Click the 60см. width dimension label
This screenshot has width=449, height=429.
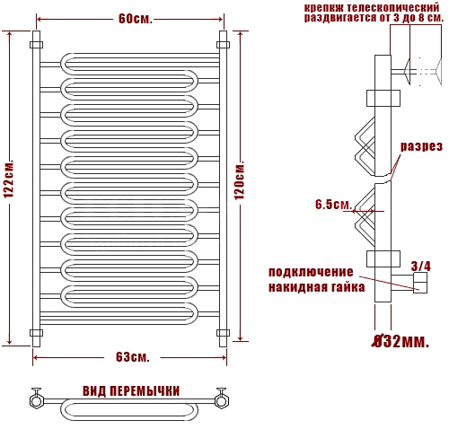click(x=136, y=19)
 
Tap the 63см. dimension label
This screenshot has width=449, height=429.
click(x=133, y=357)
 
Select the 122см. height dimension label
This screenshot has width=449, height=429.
click(x=9, y=179)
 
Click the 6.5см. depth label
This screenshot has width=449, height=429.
click(x=333, y=205)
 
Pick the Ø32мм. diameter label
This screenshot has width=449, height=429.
click(x=401, y=341)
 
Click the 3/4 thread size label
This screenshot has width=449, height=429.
click(x=421, y=267)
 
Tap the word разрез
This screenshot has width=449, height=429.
click(x=421, y=146)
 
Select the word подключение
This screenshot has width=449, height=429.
click(x=311, y=272)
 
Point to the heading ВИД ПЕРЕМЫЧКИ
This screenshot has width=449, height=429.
click(x=131, y=391)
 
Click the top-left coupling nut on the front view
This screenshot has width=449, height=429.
click(x=36, y=45)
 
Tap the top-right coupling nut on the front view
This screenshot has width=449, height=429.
click(x=223, y=45)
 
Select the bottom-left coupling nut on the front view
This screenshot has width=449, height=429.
click(x=36, y=333)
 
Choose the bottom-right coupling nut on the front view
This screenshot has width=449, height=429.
click(x=223, y=333)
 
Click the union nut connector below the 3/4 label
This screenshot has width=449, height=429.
click(x=420, y=283)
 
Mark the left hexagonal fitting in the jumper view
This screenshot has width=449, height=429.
click(x=37, y=401)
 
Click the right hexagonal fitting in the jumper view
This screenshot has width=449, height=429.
click(x=221, y=401)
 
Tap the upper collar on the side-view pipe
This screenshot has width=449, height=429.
click(x=383, y=98)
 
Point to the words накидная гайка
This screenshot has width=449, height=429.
click(x=316, y=287)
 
